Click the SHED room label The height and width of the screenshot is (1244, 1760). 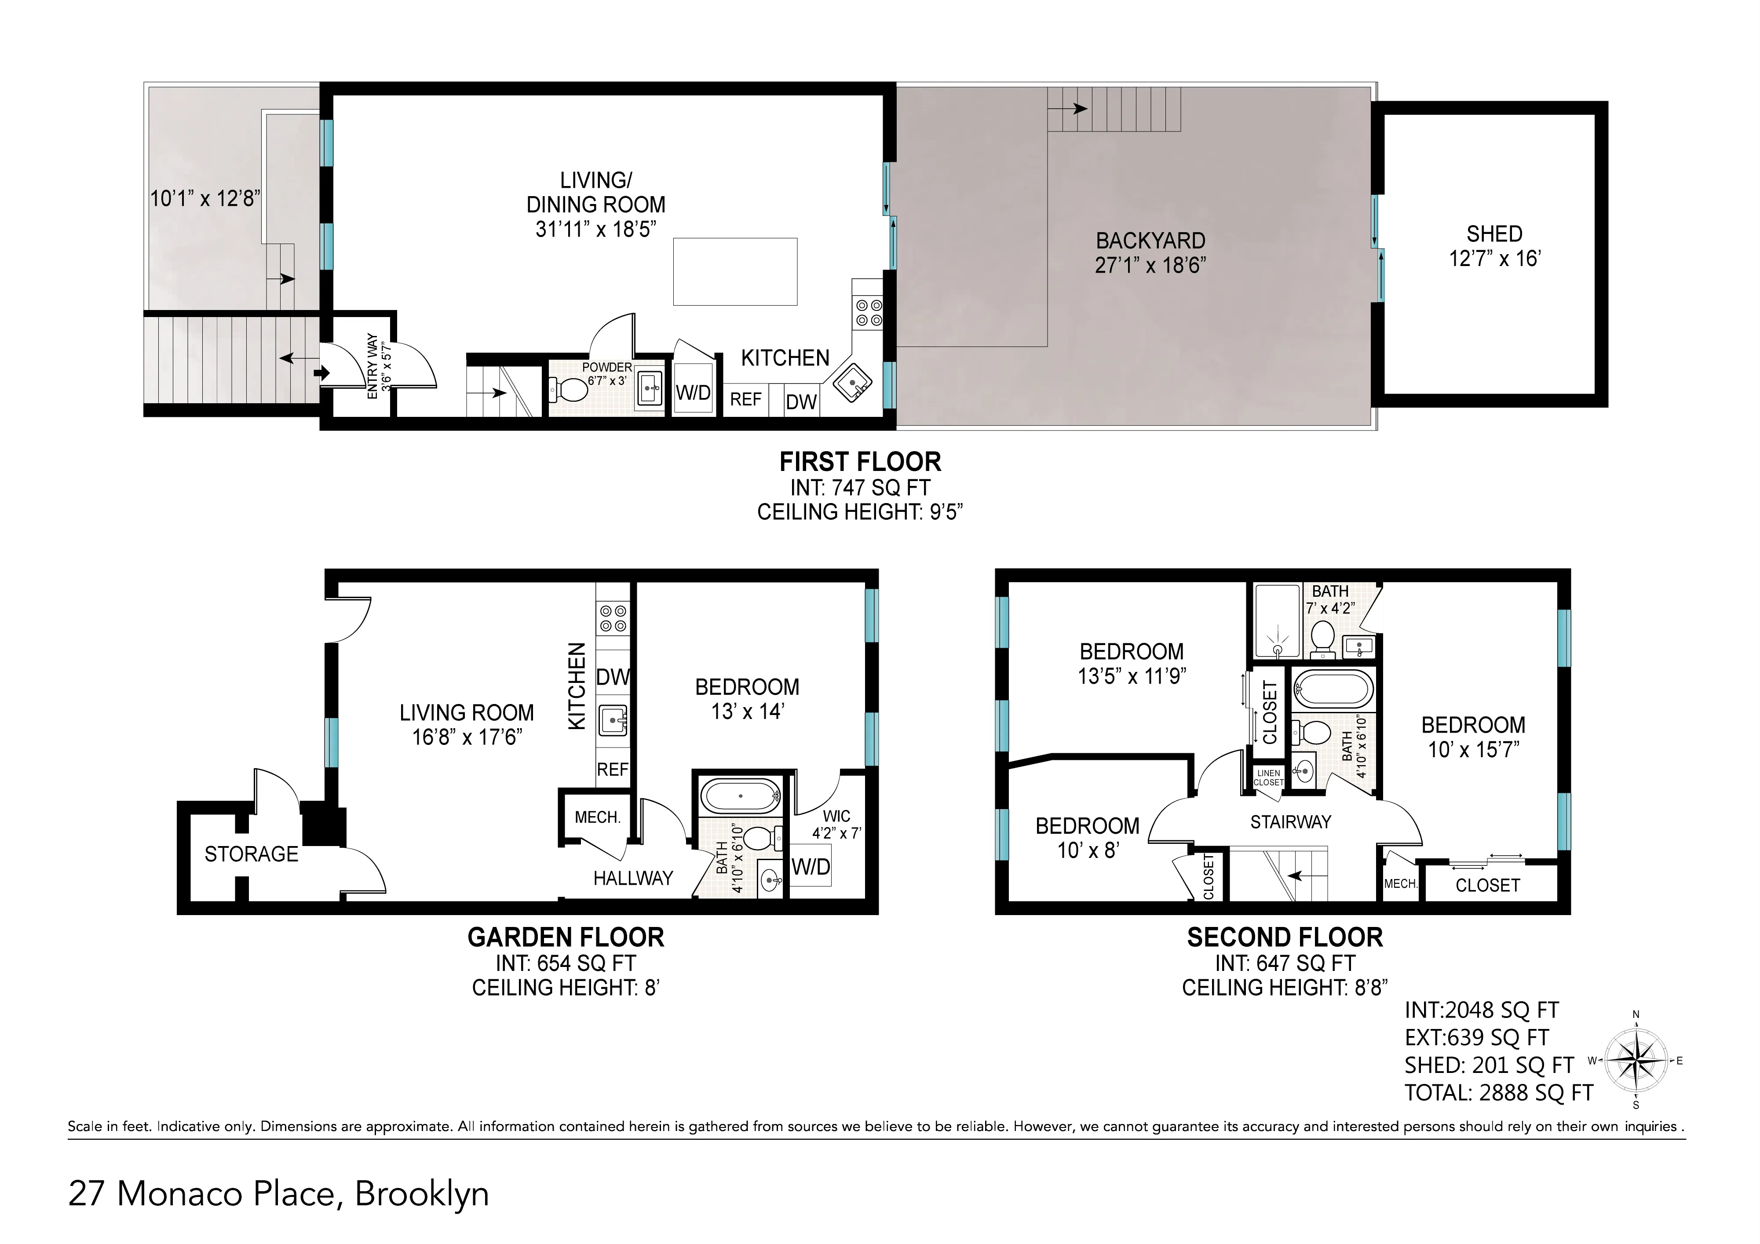coord(1494,234)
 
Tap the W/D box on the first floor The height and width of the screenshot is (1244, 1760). coord(694,393)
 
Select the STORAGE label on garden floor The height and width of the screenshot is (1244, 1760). coord(252,854)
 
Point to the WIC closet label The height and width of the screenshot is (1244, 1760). coord(836,816)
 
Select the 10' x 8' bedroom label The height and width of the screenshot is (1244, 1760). coord(1087,838)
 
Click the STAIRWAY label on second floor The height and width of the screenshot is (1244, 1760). coord(1291,822)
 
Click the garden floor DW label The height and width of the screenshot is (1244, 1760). coord(613,677)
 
